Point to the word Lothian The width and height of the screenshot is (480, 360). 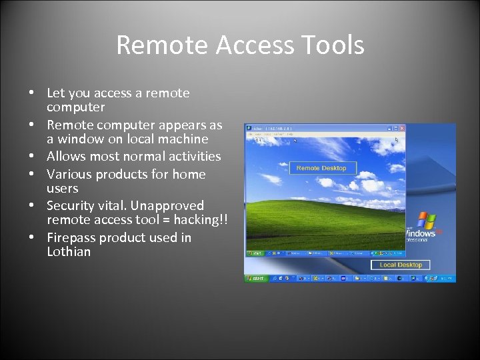pyautogui.click(x=69, y=252)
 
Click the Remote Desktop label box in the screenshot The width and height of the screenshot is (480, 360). pyautogui.click(x=321, y=168)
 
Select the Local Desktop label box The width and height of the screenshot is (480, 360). pyautogui.click(x=400, y=265)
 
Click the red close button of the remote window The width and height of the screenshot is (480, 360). pyautogui.click(x=401, y=127)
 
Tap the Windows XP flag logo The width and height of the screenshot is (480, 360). pyautogui.click(x=425, y=221)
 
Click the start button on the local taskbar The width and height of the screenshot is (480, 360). pyautogui.click(x=255, y=278)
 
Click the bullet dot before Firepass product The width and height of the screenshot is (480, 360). pyautogui.click(x=31, y=238)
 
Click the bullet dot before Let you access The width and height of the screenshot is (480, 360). pyautogui.click(x=31, y=93)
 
